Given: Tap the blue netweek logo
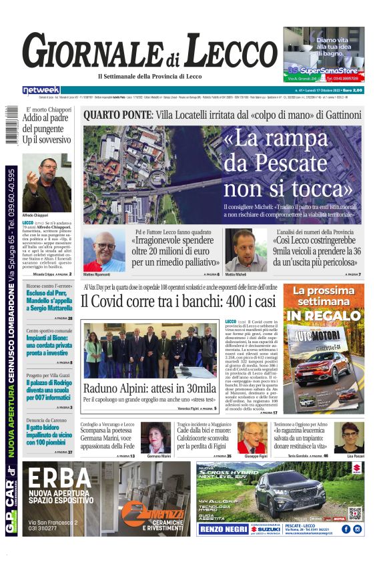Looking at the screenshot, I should click(41, 89).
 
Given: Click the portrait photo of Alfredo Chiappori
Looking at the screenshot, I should click(46, 182).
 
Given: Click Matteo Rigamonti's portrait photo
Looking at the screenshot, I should click(104, 252).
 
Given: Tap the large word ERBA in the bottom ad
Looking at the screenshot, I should click(61, 479).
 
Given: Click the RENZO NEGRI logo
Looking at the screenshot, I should click(222, 529).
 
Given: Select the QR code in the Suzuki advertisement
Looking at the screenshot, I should click(354, 513).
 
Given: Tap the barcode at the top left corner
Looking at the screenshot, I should click(11, 124).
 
